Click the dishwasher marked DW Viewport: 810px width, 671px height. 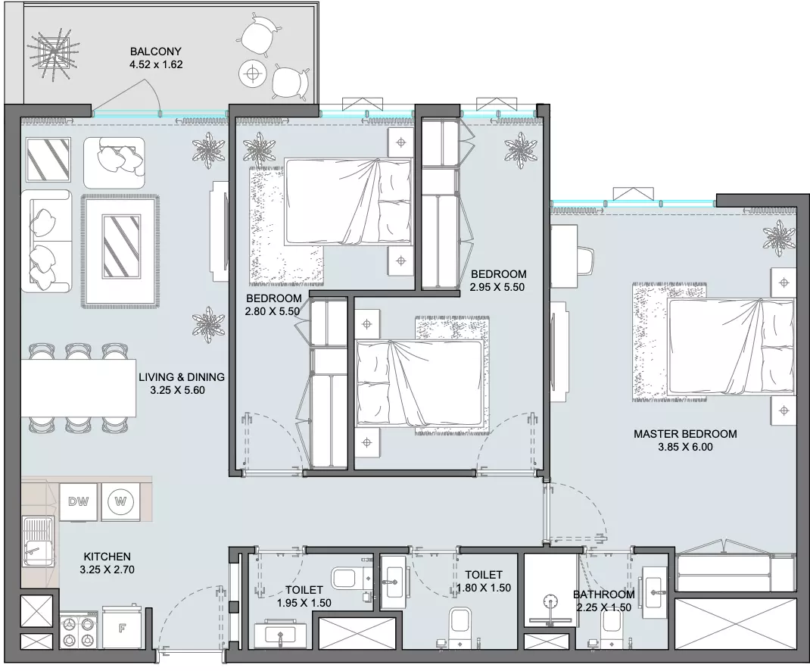click(79, 501)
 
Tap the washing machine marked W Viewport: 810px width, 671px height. click(120, 501)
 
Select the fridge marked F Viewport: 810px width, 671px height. click(122, 628)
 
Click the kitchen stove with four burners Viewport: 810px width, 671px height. click(79, 629)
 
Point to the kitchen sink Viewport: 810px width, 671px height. click(38, 541)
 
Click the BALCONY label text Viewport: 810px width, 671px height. click(155, 51)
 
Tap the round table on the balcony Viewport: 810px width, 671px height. click(253, 74)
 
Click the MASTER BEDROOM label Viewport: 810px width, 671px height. click(685, 434)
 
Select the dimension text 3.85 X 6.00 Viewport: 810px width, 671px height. click(685, 447)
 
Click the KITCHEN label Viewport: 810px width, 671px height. click(107, 557)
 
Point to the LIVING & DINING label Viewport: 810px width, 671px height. click(182, 377)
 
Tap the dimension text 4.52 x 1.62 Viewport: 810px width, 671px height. click(155, 64)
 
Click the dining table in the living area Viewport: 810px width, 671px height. click(79, 388)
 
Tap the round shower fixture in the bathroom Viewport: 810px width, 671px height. click(550, 601)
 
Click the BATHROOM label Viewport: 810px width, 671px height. click(603, 595)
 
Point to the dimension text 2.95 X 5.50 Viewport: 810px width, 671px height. click(497, 288)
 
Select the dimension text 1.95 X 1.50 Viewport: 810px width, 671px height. click(304, 603)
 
